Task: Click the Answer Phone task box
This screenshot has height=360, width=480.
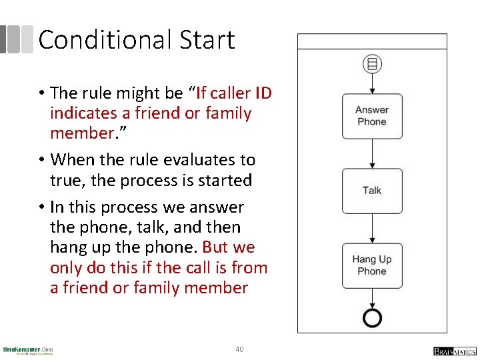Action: coord(372,116)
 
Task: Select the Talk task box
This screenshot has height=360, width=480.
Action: coord(372,191)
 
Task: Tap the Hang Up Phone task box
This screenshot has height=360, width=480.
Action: coord(372,265)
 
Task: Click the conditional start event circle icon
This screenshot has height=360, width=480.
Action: coord(372,64)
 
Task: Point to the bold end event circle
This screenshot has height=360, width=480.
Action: coord(372,317)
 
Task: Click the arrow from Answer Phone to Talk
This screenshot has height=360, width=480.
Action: coord(372,154)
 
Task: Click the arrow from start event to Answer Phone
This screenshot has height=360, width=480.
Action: coord(372,83)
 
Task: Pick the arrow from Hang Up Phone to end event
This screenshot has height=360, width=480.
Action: coord(372,297)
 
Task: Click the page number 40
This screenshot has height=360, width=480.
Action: coord(240,349)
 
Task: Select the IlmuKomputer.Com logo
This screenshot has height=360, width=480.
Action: coord(28,350)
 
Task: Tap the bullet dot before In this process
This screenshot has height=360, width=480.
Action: coord(42,207)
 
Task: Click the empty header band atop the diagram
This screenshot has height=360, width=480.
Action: coord(372,41)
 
